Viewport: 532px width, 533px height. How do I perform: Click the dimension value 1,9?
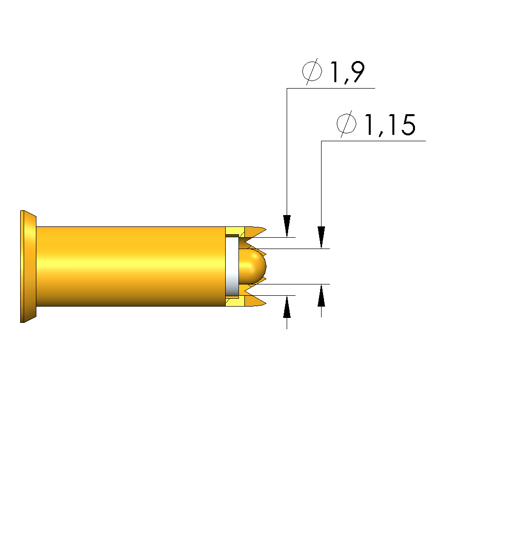(347, 72)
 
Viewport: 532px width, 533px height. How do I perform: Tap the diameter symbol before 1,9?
(312, 71)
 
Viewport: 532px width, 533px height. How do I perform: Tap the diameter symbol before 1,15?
(347, 124)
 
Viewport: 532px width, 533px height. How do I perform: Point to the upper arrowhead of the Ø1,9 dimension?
(287, 226)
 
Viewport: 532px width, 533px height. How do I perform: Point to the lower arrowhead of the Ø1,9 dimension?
(287, 307)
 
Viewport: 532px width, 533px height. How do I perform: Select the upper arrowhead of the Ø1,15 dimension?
(322, 237)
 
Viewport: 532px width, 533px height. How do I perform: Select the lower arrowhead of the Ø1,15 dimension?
(322, 295)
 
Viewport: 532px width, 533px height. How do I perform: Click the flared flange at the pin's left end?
(28, 267)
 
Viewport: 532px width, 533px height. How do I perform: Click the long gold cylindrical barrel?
(131, 266)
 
